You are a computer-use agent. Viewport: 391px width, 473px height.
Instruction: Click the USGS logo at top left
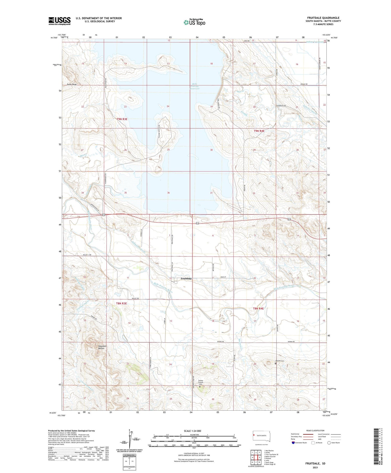point(59,21)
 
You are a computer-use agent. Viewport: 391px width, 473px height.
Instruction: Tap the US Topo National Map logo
point(194,22)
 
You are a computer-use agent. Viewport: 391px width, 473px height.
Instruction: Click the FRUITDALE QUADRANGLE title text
point(323,18)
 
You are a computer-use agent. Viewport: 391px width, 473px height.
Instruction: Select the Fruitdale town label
point(186,279)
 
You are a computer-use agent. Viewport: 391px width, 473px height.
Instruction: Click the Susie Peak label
point(72,84)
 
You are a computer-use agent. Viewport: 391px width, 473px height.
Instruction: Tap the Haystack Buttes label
point(102,347)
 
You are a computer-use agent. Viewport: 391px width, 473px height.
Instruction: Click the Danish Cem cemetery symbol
point(276,363)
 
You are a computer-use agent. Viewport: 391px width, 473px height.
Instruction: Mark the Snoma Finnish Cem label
point(200,382)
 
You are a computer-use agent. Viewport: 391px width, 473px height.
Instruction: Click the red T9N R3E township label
point(122,119)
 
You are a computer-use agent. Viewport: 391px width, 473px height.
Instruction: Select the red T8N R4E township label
point(258,308)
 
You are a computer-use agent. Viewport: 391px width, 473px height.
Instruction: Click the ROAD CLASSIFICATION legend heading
point(315,430)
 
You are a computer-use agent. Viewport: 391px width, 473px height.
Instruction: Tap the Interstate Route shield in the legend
point(293,443)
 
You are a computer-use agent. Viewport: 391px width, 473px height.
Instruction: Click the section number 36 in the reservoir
point(168,193)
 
